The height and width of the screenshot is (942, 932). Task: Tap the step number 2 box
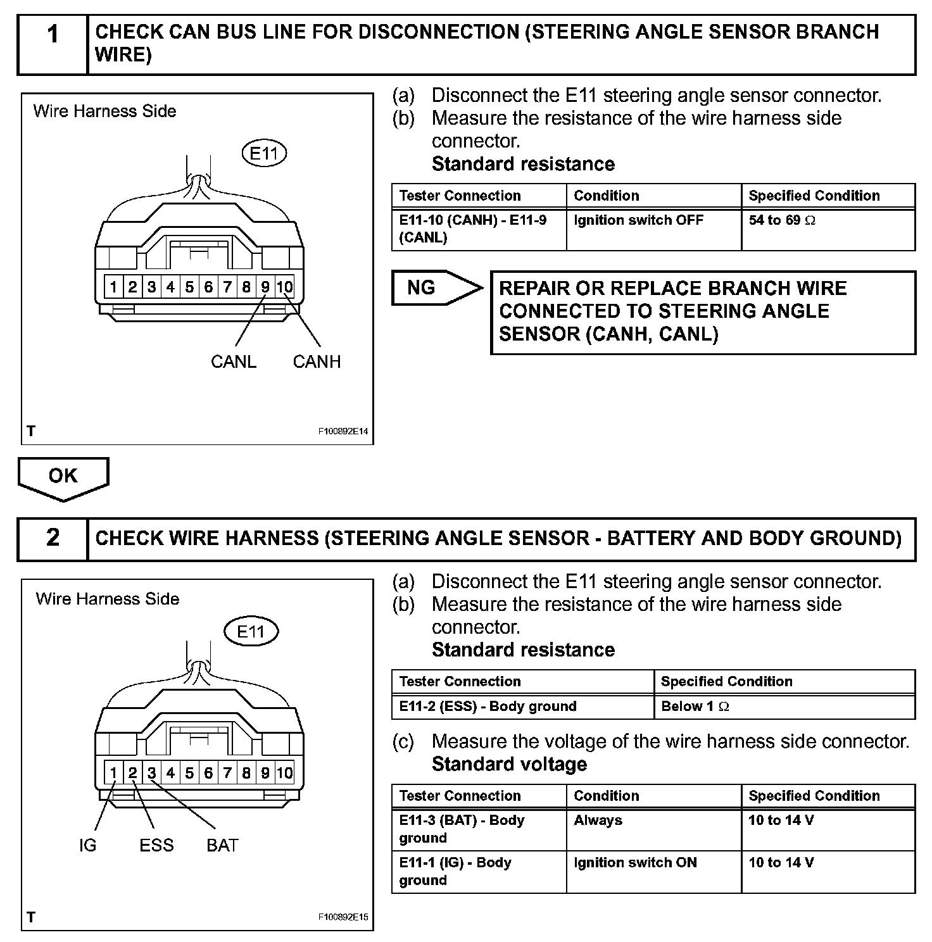[53, 538]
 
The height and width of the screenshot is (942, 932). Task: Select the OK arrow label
[63, 476]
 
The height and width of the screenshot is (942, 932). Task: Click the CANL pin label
[234, 361]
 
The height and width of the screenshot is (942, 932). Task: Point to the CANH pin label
[317, 361]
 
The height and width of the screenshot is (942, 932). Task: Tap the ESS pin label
[156, 845]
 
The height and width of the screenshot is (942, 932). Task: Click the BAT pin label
[222, 845]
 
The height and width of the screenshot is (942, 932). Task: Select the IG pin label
[88, 845]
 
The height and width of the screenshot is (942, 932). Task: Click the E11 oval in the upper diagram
[264, 153]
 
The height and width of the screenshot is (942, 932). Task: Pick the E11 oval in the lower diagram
[250, 631]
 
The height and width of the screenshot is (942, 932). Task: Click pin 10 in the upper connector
[285, 287]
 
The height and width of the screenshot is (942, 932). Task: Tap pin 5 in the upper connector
[189, 287]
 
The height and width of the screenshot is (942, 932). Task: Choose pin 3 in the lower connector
[151, 772]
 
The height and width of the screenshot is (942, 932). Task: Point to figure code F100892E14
[343, 432]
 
